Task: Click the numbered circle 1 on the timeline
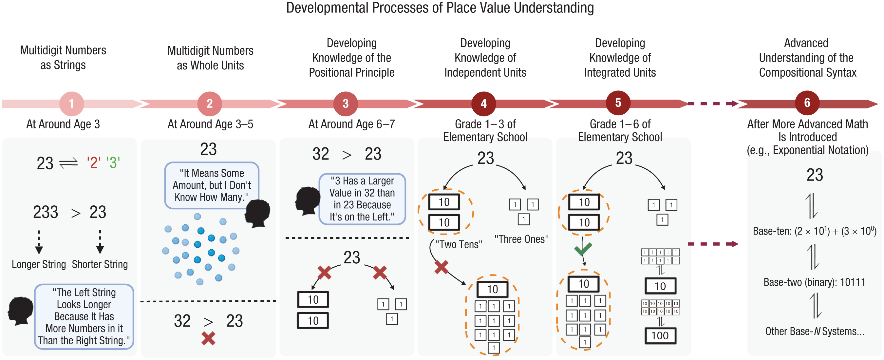click(x=71, y=104)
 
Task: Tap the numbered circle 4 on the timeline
click(x=483, y=104)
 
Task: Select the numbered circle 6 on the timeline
click(x=807, y=103)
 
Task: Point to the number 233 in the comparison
click(x=45, y=212)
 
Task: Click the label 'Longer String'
click(x=39, y=264)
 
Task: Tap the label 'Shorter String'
click(x=100, y=264)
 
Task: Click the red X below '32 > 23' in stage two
click(x=208, y=338)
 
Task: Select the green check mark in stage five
click(x=583, y=249)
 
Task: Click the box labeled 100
click(x=660, y=336)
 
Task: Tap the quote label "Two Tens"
click(x=459, y=244)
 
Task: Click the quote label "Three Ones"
click(x=521, y=239)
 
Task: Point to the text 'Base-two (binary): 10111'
click(x=814, y=282)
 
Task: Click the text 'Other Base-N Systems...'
click(x=814, y=331)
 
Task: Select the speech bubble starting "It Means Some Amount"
click(x=211, y=185)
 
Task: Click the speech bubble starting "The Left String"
click(x=84, y=316)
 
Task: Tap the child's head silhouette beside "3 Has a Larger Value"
click(x=308, y=201)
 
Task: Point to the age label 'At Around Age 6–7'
click(x=351, y=124)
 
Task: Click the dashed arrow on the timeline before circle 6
click(x=713, y=104)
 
